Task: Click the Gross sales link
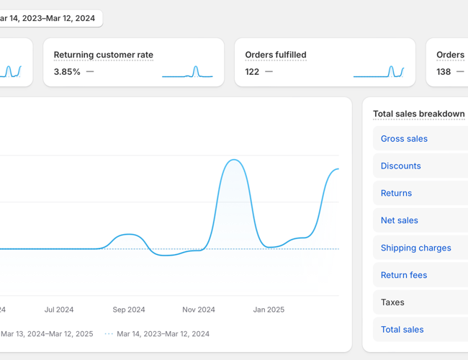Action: [x=404, y=139]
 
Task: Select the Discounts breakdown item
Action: [x=400, y=166]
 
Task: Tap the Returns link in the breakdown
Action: [x=396, y=194]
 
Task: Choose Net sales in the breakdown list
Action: [x=399, y=221]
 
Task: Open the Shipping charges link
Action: [x=415, y=248]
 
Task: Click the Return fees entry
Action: [x=403, y=276]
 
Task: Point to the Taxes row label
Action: [x=392, y=303]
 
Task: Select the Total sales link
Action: [x=402, y=330]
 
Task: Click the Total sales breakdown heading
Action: [x=418, y=114]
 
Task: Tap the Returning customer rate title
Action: [x=103, y=55]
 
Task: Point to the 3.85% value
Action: [x=67, y=72]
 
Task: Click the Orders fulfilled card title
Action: [x=275, y=55]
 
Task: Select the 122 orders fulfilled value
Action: [x=252, y=72]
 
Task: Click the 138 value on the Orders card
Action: [x=444, y=72]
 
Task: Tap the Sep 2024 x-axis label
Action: [x=129, y=310]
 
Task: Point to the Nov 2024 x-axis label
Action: [x=199, y=310]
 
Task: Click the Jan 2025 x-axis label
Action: [x=269, y=310]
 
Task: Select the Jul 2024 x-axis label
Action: [x=59, y=310]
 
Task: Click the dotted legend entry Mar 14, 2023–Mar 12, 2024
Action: [x=163, y=334]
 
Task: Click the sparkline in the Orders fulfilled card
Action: [x=379, y=71]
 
